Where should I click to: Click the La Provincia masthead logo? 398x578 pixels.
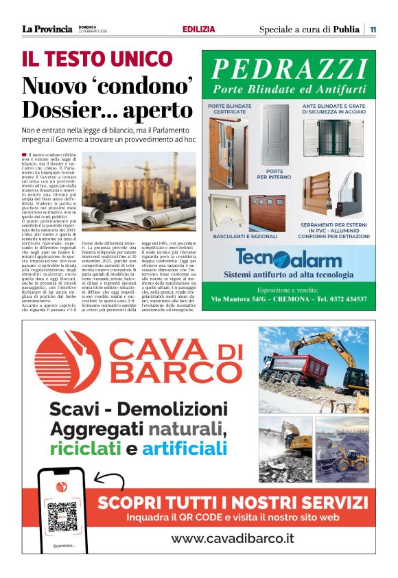click(47, 29)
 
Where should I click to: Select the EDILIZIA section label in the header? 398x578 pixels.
click(198, 30)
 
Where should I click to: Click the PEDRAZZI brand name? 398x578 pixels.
click(288, 69)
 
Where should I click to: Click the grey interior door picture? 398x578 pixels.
click(274, 134)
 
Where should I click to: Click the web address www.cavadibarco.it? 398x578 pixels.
click(232, 539)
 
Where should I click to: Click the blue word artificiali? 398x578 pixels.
click(185, 450)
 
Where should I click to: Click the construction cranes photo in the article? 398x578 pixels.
click(138, 192)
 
